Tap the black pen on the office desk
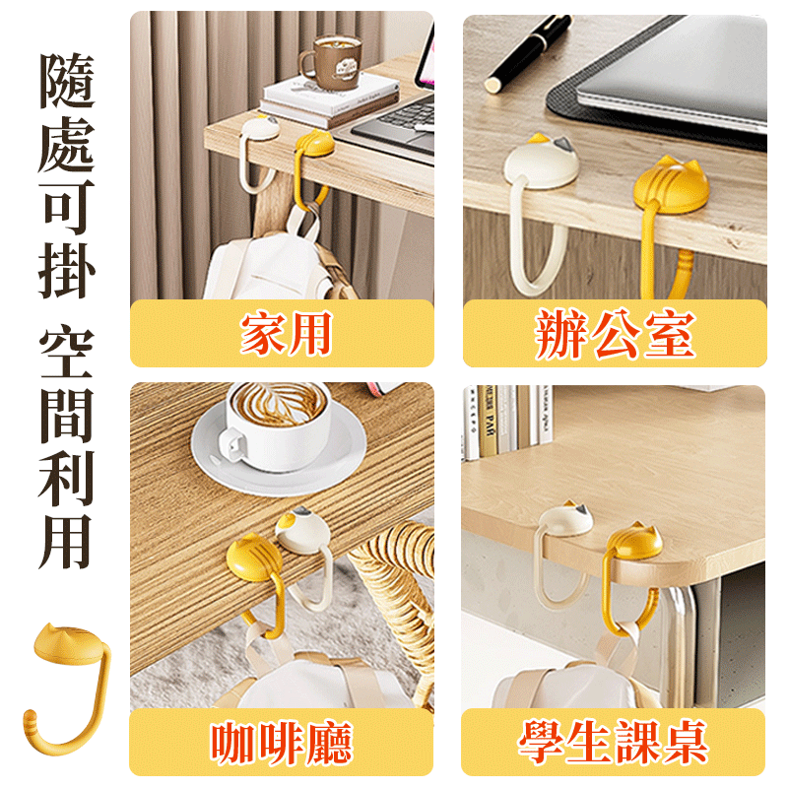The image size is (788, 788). click(527, 54)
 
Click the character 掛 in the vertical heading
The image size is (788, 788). click(67, 268)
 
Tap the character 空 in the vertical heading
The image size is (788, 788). click(67, 353)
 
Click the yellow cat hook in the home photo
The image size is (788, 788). click(316, 148)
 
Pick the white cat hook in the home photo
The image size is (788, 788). click(260, 128)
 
